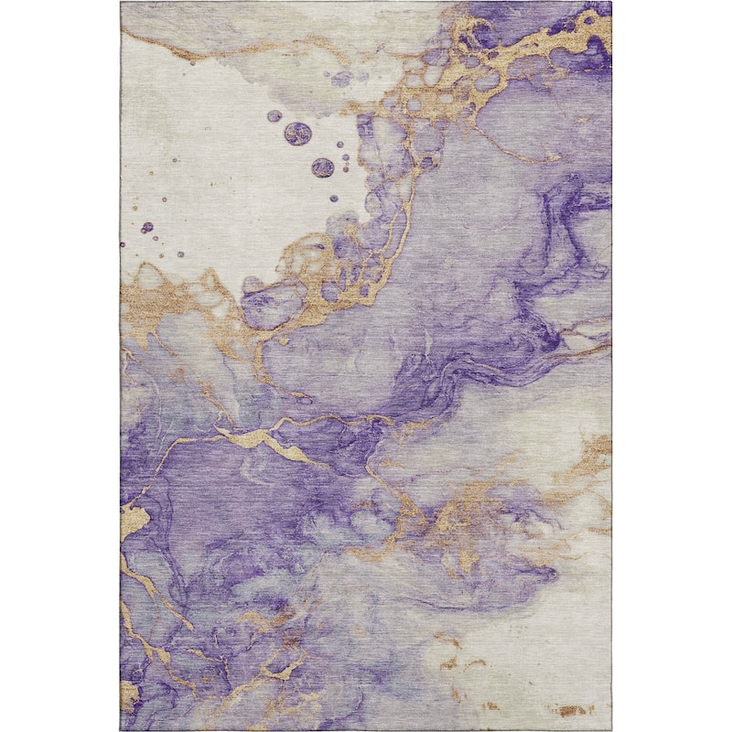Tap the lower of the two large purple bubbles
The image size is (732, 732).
tap(322, 167)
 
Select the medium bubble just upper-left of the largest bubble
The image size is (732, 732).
tap(274, 116)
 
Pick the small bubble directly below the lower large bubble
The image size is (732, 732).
tap(333, 198)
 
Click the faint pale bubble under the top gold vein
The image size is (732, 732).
tap(340, 80)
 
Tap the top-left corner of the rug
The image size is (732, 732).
tap(121, 3)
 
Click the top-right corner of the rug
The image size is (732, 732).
tap(610, 3)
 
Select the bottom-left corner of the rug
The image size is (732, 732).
tap(121, 729)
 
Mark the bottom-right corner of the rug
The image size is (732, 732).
tap(610, 729)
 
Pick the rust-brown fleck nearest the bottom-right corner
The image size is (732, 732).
tap(572, 710)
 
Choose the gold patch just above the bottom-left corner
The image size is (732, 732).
tap(129, 695)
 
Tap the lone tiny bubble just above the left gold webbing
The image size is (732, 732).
tap(180, 253)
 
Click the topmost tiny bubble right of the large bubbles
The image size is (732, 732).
tap(341, 144)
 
